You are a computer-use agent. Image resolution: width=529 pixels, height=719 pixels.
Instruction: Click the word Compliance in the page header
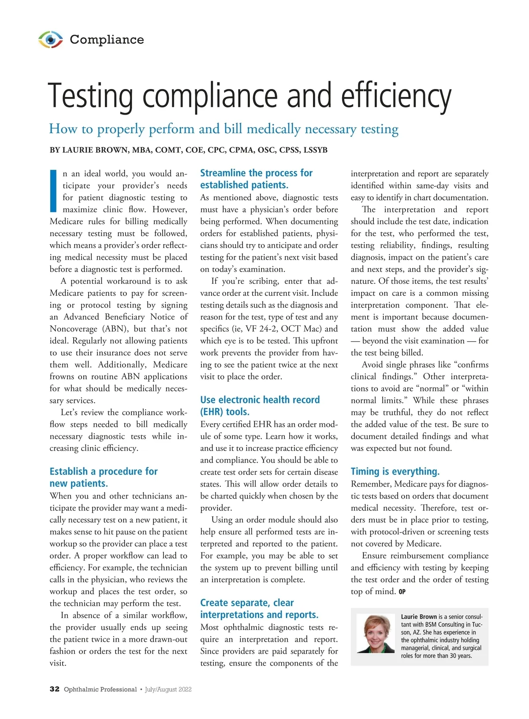click(107, 40)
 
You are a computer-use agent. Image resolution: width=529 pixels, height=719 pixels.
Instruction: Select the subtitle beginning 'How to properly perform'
click(224, 129)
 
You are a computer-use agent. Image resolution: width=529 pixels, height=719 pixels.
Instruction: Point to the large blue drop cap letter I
click(53, 190)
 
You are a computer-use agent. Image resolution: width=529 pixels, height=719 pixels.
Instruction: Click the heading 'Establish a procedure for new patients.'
click(103, 477)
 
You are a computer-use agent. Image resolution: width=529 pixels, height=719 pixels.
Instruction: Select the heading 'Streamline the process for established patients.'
click(256, 179)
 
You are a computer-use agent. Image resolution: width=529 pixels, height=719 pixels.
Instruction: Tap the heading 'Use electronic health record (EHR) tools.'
click(260, 406)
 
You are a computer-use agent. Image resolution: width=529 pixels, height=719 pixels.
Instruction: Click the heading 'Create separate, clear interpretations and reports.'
click(259, 608)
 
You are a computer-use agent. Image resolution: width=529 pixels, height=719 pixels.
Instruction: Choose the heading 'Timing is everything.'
click(395, 471)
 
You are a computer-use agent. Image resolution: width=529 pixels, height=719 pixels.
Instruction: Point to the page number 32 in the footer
click(54, 689)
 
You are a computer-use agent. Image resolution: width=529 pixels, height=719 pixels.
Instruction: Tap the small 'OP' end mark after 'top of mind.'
click(402, 592)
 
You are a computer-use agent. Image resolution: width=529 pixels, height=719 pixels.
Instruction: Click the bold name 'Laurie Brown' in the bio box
click(419, 617)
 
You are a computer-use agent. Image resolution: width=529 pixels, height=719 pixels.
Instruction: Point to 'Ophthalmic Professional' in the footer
click(100, 689)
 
